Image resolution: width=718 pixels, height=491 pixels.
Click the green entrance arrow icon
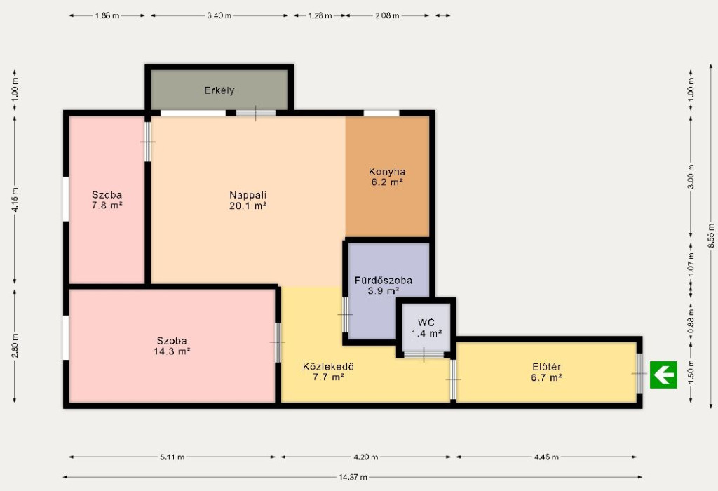click(x=663, y=375)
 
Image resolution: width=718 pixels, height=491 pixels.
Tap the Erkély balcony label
click(x=219, y=90)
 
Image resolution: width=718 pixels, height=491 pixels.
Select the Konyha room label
click(x=387, y=172)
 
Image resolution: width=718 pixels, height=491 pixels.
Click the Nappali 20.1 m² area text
click(x=248, y=206)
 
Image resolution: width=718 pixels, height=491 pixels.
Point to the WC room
click(x=426, y=328)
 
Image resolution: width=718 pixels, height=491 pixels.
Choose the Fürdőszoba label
click(x=384, y=281)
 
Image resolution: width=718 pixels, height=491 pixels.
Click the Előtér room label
click(x=546, y=367)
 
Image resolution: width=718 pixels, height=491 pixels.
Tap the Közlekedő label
click(x=328, y=367)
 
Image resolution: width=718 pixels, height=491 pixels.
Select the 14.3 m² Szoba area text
click(x=172, y=351)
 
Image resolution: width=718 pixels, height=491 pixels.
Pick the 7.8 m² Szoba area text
click(x=107, y=206)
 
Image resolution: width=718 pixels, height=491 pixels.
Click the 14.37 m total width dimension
click(x=353, y=477)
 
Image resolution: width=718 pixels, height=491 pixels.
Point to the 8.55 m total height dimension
click(x=711, y=236)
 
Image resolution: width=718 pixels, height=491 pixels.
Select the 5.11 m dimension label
click(x=172, y=457)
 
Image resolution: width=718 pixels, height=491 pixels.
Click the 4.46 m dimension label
click(x=546, y=457)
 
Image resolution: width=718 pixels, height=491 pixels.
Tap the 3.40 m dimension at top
click(x=219, y=15)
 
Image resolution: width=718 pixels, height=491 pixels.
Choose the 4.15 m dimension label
click(x=15, y=200)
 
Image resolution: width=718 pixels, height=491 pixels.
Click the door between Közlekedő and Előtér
click(x=453, y=379)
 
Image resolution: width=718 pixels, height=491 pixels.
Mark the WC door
click(x=424, y=354)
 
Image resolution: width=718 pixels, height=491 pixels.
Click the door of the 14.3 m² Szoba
click(x=277, y=342)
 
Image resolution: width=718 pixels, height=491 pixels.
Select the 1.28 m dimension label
click(x=320, y=15)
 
